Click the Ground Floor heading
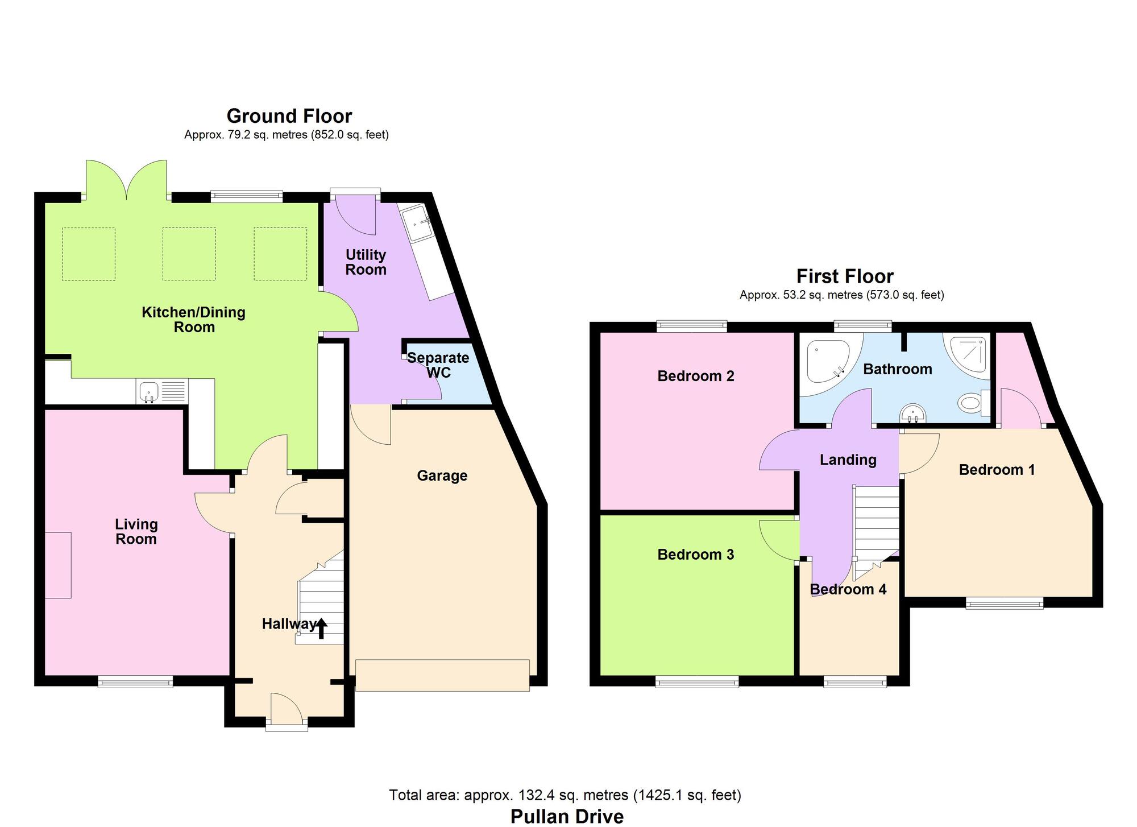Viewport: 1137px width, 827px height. [289, 116]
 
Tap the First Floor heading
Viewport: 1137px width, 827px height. [844, 276]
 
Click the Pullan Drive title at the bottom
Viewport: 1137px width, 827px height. [567, 816]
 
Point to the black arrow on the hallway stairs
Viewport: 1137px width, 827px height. [321, 628]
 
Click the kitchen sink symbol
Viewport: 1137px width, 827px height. [149, 392]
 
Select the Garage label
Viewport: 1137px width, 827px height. [442, 475]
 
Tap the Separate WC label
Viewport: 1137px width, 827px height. [438, 365]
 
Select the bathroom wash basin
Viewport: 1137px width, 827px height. [914, 413]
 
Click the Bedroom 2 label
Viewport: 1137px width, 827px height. [695, 376]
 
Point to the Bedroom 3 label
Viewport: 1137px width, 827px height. [695, 555]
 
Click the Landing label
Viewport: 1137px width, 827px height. [848, 460]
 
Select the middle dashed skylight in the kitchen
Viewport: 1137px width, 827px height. [189, 254]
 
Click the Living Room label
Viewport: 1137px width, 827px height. [136, 531]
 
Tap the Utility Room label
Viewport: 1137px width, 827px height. [366, 262]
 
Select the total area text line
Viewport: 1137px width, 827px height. [565, 795]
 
